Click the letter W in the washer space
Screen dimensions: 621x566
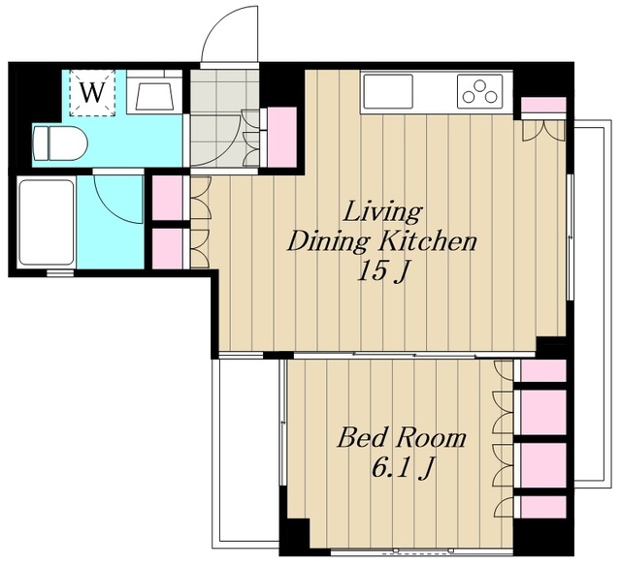92,92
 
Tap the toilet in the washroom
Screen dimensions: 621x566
60,143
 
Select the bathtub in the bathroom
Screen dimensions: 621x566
47,222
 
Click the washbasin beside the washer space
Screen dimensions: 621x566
154,93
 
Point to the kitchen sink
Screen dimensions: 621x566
388,91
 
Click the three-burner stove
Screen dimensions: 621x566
480,91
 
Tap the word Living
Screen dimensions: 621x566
382,212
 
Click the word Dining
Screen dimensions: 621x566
330,241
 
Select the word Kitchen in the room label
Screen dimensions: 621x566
428,241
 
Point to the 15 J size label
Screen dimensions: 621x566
382,272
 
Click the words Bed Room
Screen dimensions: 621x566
401,437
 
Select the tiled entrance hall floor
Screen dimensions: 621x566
224,118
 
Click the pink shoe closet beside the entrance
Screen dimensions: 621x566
282,138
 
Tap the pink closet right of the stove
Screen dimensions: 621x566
543,105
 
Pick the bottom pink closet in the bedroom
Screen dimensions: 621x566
543,507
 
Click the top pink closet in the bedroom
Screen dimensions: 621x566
543,371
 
